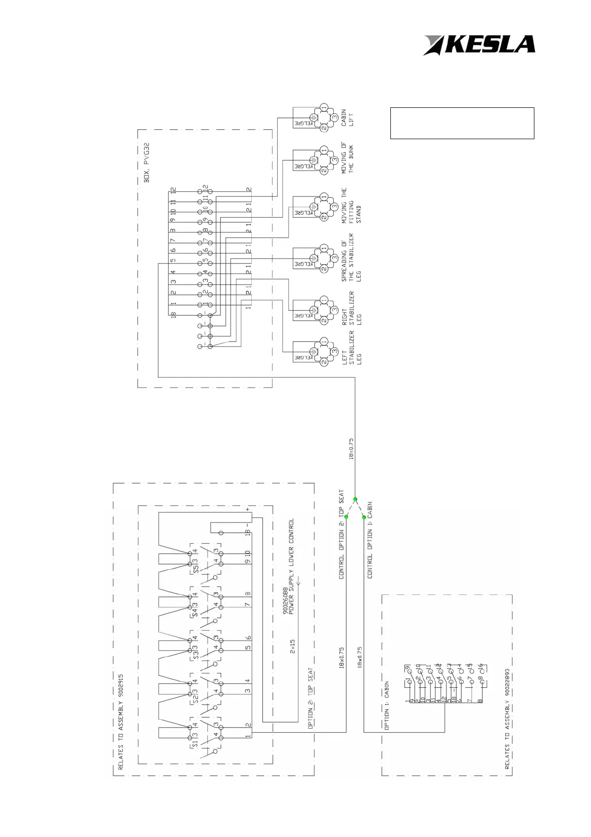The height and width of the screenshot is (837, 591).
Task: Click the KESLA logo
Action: pyautogui.click(x=479, y=45)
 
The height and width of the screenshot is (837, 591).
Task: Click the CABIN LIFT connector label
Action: pyautogui.click(x=347, y=118)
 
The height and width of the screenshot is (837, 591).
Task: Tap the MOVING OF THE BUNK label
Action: pyautogui.click(x=347, y=158)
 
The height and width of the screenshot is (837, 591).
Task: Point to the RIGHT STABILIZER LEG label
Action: pyautogui.click(x=352, y=309)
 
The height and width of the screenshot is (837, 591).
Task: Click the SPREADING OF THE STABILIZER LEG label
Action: pyautogui.click(x=351, y=257)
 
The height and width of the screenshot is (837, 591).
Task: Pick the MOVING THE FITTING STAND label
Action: pyautogui.click(x=351, y=205)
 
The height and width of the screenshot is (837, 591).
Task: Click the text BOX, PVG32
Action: pyautogui.click(x=147, y=163)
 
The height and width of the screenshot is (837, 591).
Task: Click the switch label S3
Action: pyautogui.click(x=195, y=655)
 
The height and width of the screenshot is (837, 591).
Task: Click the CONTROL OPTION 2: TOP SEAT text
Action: pyautogui.click(x=342, y=534)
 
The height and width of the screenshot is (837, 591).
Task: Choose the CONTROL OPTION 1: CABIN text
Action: pyautogui.click(x=370, y=540)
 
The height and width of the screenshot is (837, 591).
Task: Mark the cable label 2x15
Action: pyautogui.click(x=293, y=646)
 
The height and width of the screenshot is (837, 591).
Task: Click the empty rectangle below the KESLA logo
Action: pyautogui.click(x=462, y=123)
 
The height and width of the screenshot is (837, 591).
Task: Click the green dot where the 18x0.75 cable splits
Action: pyautogui.click(x=355, y=499)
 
